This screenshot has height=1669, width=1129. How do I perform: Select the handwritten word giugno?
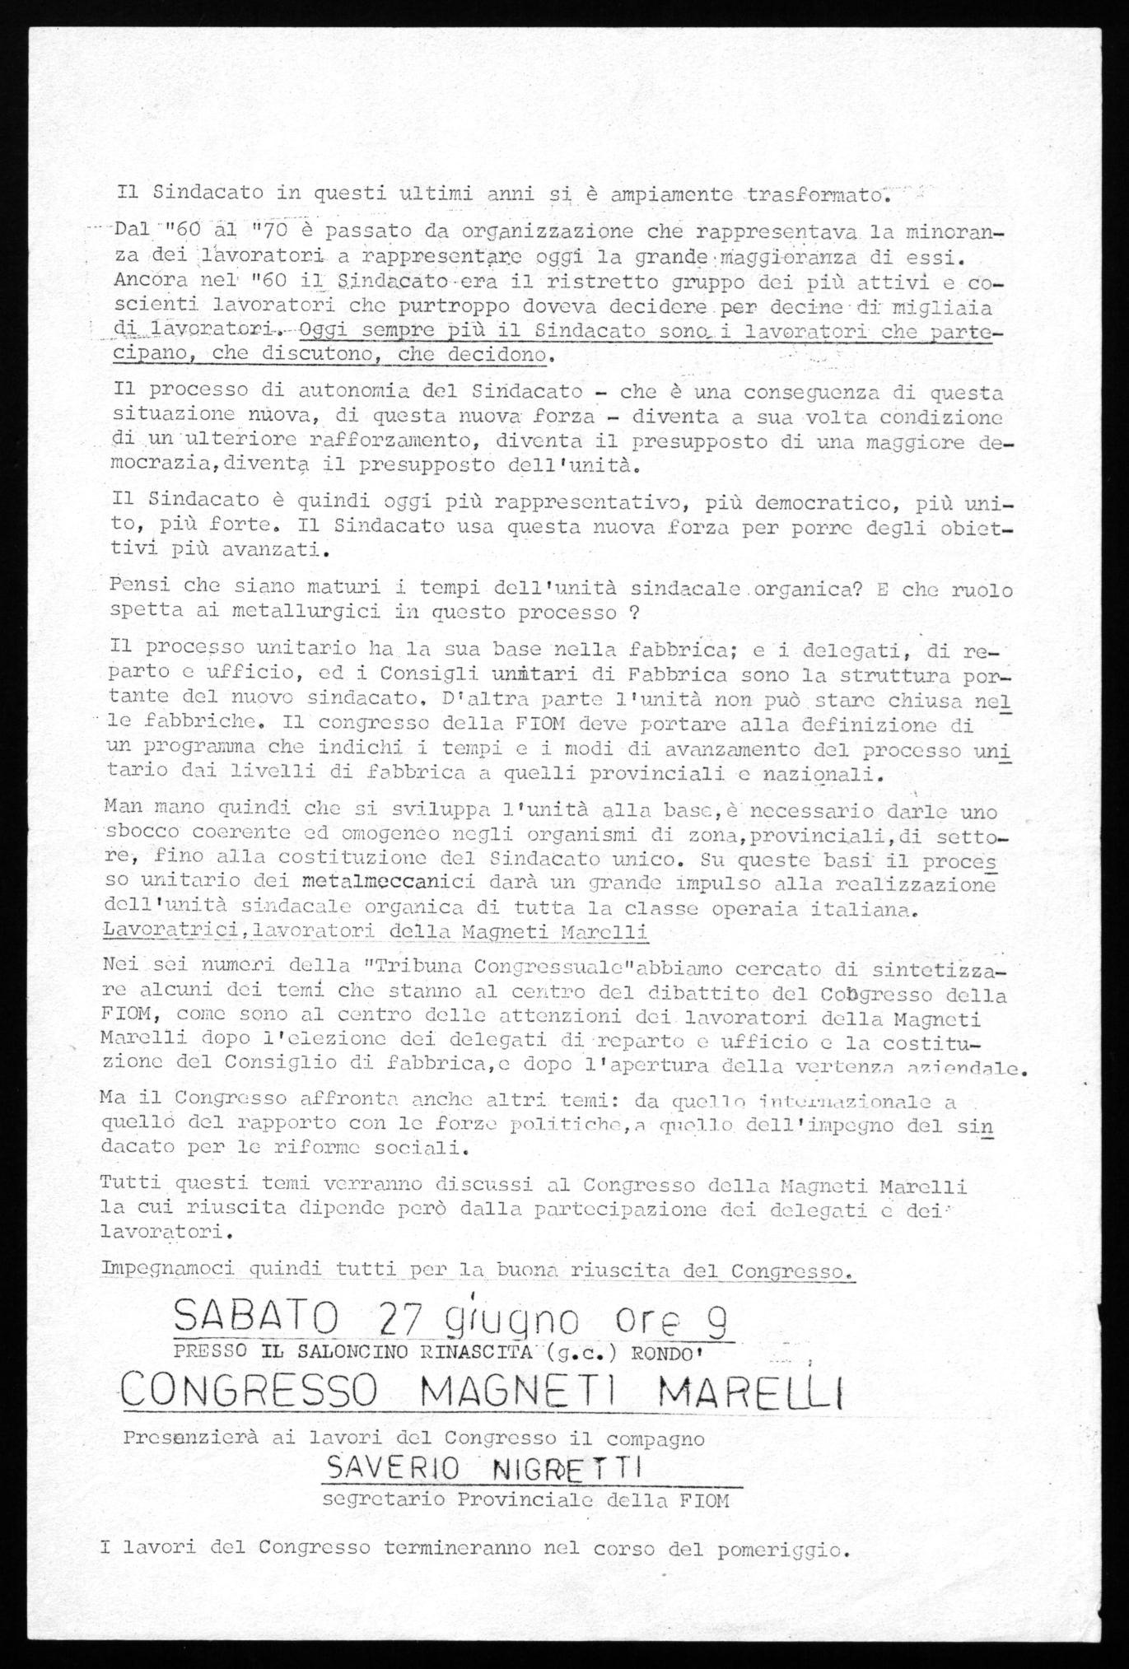coord(522,1324)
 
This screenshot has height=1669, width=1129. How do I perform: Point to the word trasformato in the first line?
coord(814,195)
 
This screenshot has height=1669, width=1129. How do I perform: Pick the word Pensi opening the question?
coord(145,590)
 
